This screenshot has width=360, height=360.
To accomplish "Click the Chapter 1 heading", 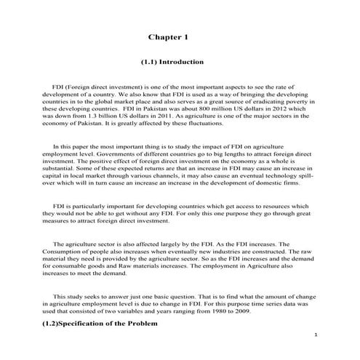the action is point(168,36).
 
